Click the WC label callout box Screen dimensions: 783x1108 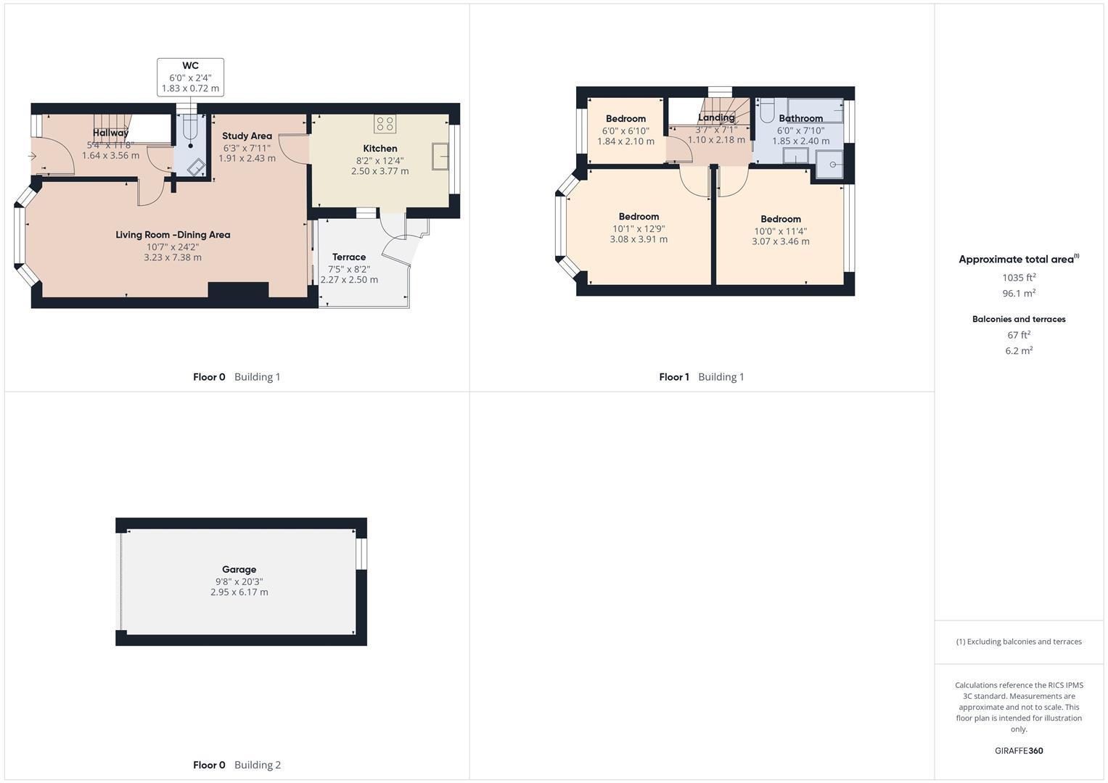click(x=190, y=77)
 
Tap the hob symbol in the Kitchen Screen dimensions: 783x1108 click(x=385, y=123)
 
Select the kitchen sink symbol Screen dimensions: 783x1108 click(x=440, y=157)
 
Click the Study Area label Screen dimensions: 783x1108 click(x=247, y=136)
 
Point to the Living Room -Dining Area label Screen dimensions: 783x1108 click(x=173, y=235)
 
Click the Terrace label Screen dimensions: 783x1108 click(x=349, y=257)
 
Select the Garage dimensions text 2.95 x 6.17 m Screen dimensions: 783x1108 click(x=239, y=592)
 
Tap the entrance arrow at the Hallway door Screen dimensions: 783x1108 click(x=32, y=156)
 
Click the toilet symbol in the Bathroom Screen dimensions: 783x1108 click(x=767, y=111)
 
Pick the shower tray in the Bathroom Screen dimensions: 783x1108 click(x=829, y=164)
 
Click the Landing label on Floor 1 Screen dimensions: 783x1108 click(x=716, y=117)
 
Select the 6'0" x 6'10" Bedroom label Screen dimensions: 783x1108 click(x=625, y=119)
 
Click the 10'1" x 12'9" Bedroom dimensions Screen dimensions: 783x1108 click(x=639, y=228)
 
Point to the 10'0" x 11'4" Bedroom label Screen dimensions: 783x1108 click(x=781, y=219)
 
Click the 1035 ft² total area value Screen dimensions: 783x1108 click(x=1019, y=277)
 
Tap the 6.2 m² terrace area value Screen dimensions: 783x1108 click(x=1019, y=351)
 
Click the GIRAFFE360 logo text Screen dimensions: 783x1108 click(x=1019, y=751)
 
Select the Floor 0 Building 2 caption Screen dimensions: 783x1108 click(x=237, y=765)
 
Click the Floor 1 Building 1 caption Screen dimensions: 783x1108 click(x=701, y=377)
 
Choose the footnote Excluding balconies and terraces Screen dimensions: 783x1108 click(x=1019, y=642)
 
